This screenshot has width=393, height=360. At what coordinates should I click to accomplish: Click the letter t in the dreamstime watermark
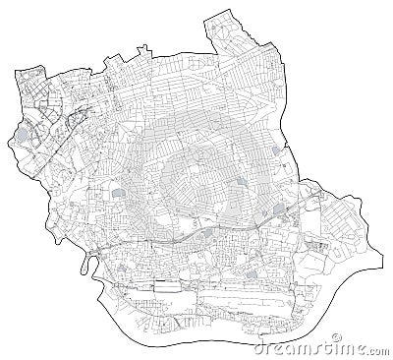[x=339, y=347]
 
